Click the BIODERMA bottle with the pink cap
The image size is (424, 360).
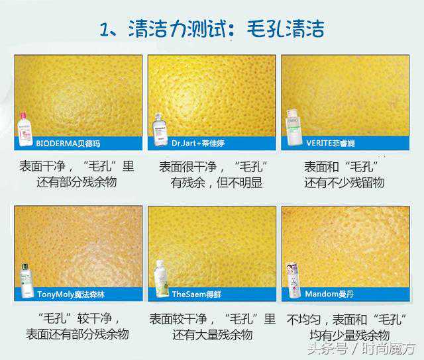tap(25, 130)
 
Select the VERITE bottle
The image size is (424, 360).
tap(294, 128)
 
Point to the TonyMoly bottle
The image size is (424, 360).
tap(26, 281)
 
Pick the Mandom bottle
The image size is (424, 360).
tap(293, 280)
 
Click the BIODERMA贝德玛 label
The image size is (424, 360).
tap(68, 143)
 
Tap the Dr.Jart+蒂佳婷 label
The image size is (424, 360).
tap(198, 143)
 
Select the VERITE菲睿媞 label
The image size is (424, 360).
tap(331, 143)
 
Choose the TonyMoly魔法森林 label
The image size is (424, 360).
tap(71, 294)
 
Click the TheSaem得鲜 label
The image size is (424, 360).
tap(197, 294)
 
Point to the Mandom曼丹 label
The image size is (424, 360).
tap(329, 294)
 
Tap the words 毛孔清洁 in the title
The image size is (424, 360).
tap(286, 28)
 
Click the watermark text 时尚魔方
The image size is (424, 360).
tap(389, 349)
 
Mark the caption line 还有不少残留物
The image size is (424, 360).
tap(344, 183)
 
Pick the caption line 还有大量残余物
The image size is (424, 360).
tap(213, 335)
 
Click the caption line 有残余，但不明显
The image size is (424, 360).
tap(217, 183)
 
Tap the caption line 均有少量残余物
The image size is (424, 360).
tap(350, 336)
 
